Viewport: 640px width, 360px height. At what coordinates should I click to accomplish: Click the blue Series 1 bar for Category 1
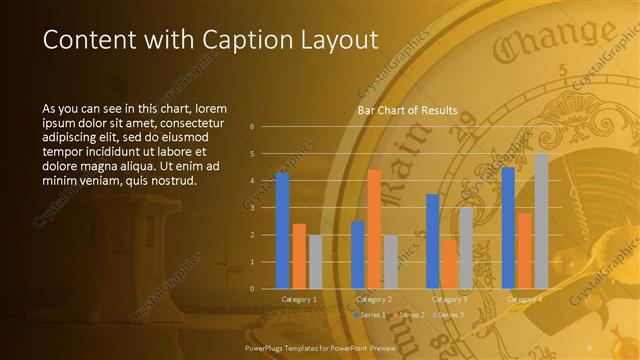[282, 231]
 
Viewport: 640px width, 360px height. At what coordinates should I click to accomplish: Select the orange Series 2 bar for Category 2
[374, 229]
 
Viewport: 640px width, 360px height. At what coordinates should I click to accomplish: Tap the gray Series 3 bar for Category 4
[541, 221]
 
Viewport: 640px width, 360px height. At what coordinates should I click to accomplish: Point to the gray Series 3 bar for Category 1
[315, 262]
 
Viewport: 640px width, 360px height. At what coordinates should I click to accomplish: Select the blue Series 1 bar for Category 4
[508, 228]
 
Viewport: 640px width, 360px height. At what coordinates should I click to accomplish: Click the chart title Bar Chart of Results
[408, 110]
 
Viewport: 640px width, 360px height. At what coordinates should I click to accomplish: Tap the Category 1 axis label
[298, 299]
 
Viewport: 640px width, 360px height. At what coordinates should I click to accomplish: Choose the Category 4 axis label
[524, 299]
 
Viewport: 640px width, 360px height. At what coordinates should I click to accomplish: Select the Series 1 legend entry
[370, 315]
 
